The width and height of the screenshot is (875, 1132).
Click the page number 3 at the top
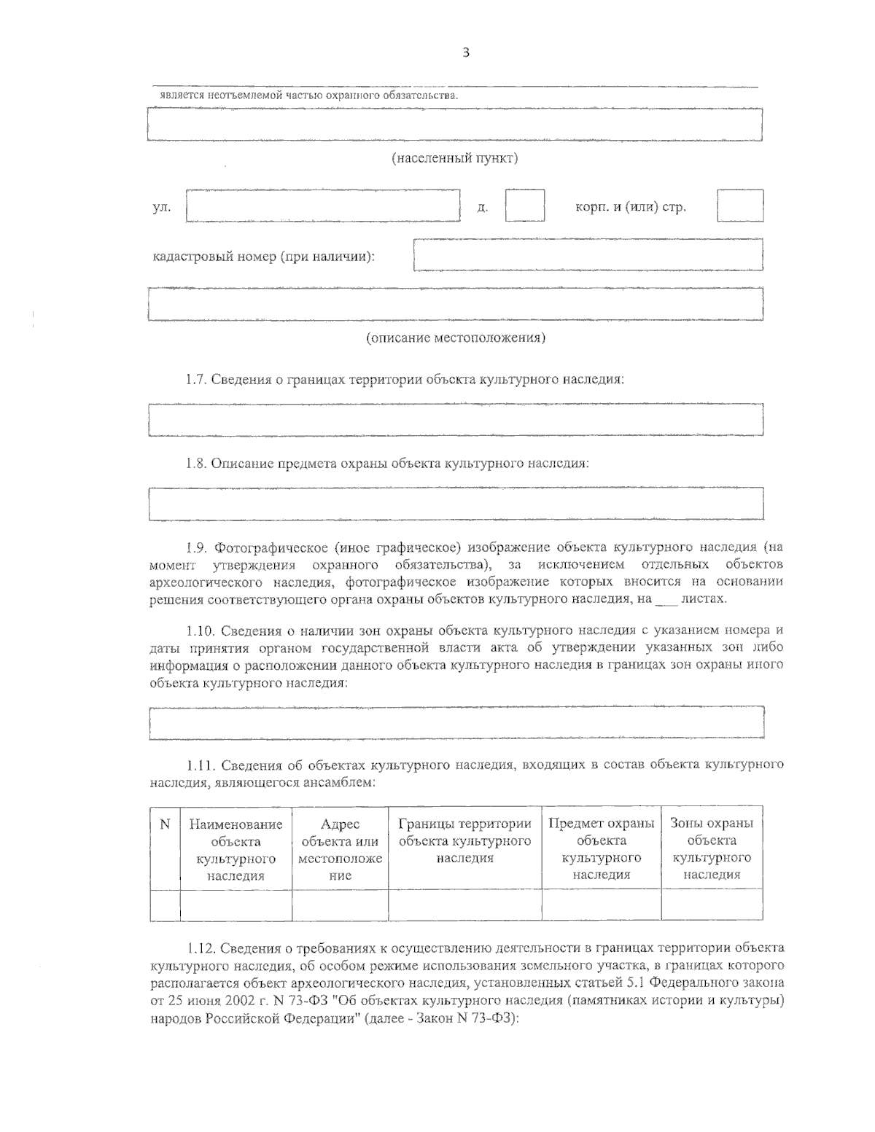pyautogui.click(x=465, y=52)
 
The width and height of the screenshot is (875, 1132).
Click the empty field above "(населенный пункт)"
pyautogui.click(x=454, y=124)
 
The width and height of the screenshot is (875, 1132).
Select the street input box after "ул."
pyautogui.click(x=323, y=206)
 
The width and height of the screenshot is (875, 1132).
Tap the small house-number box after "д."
pyautogui.click(x=525, y=206)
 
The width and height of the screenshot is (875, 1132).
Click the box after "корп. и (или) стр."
pyautogui.click(x=739, y=206)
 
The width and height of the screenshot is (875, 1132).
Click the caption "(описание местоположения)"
pyautogui.click(x=455, y=337)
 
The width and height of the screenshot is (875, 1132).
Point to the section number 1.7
pyautogui.click(x=196, y=380)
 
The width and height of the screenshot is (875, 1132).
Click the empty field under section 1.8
pyautogui.click(x=456, y=504)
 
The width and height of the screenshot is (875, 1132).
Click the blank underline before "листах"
pyautogui.click(x=666, y=598)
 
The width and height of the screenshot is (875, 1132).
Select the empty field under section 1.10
pyautogui.click(x=456, y=722)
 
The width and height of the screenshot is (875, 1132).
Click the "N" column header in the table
pyautogui.click(x=165, y=824)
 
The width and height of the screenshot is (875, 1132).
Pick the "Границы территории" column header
pyautogui.click(x=464, y=824)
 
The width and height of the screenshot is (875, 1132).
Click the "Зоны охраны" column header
pyautogui.click(x=711, y=824)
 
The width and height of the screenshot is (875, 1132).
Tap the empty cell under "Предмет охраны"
pyautogui.click(x=601, y=905)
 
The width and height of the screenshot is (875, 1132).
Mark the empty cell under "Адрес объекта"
pyautogui.click(x=340, y=905)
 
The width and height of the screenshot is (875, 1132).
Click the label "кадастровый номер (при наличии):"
pyautogui.click(x=263, y=257)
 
